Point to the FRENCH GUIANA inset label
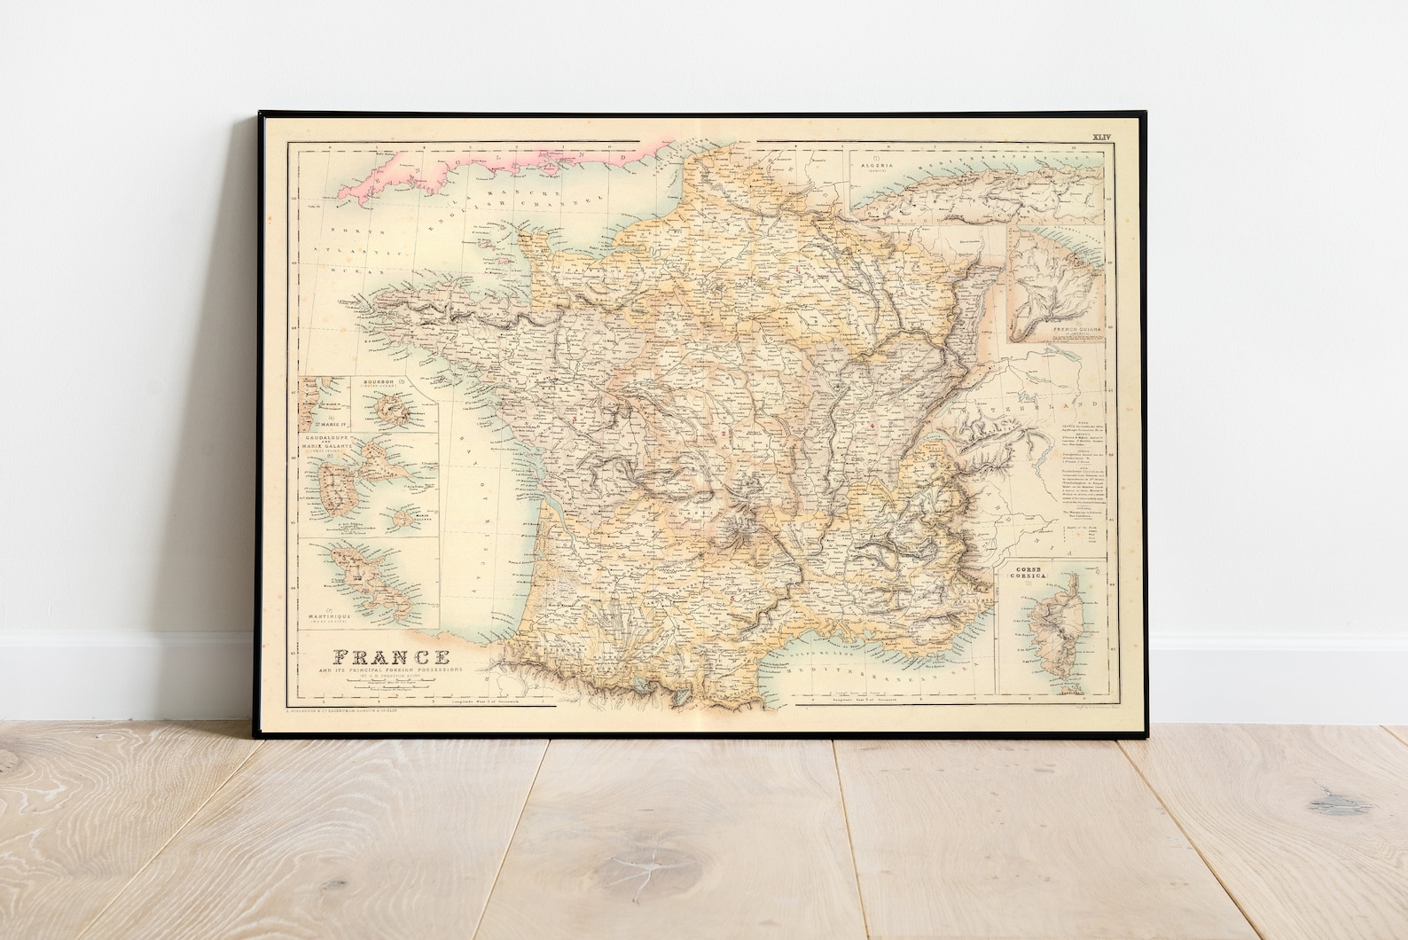coord(1076,330)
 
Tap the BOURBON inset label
coord(387,382)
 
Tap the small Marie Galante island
coord(404,517)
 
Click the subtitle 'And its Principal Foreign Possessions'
coord(389,674)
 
